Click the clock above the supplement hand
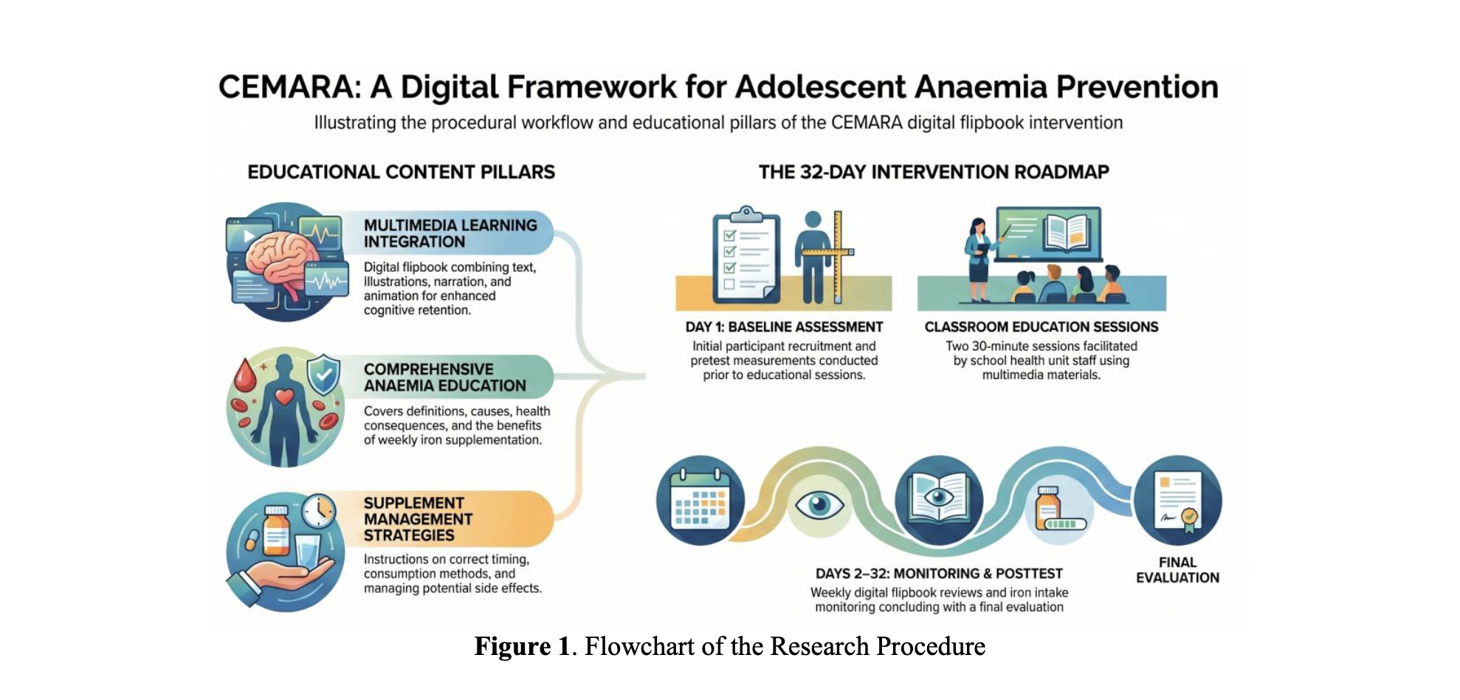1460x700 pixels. pyautogui.click(x=319, y=511)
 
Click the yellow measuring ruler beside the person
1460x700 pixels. pyautogui.click(x=839, y=256)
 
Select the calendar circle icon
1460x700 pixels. pyautogui.click(x=700, y=500)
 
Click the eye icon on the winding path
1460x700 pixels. pyautogui.click(x=819, y=505)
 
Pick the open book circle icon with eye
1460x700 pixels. pyautogui.click(x=939, y=500)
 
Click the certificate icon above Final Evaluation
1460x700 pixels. pyautogui.click(x=1178, y=500)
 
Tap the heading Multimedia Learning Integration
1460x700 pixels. pyautogui.click(x=450, y=233)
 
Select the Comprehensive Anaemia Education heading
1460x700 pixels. pyautogui.click(x=445, y=377)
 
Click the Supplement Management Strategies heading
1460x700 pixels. pyautogui.click(x=418, y=519)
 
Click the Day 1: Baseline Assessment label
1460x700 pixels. pyautogui.click(x=784, y=327)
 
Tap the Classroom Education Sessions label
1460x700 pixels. pyautogui.click(x=1041, y=327)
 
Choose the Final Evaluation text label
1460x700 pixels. pyautogui.click(x=1177, y=570)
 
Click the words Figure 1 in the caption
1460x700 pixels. pyautogui.click(x=523, y=647)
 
